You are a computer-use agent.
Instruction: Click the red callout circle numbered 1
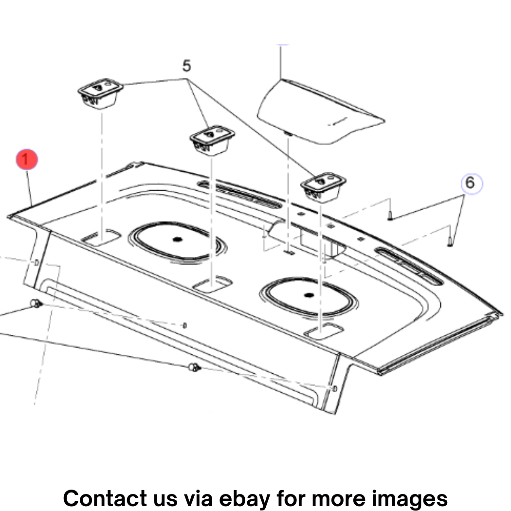click(x=27, y=159)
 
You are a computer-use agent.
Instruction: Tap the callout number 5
click(x=186, y=66)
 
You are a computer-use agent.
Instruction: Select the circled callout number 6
click(x=472, y=183)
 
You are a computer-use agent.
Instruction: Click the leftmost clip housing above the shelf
click(x=100, y=93)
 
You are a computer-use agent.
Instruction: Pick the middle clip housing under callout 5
click(x=212, y=140)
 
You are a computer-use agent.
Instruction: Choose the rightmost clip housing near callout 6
click(x=323, y=187)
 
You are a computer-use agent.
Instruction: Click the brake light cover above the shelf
click(x=321, y=111)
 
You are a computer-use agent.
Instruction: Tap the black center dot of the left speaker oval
click(x=177, y=239)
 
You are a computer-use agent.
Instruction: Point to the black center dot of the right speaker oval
click(x=309, y=295)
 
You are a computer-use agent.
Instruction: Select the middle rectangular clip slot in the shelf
click(x=213, y=284)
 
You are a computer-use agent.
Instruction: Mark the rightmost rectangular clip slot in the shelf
click(x=324, y=331)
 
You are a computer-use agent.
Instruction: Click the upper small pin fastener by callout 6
click(x=390, y=216)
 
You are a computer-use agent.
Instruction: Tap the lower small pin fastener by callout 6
click(x=450, y=241)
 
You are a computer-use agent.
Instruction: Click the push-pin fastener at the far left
click(x=36, y=304)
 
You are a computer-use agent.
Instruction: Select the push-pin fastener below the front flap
click(x=194, y=367)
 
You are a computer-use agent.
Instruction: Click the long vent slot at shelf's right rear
click(x=409, y=266)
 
